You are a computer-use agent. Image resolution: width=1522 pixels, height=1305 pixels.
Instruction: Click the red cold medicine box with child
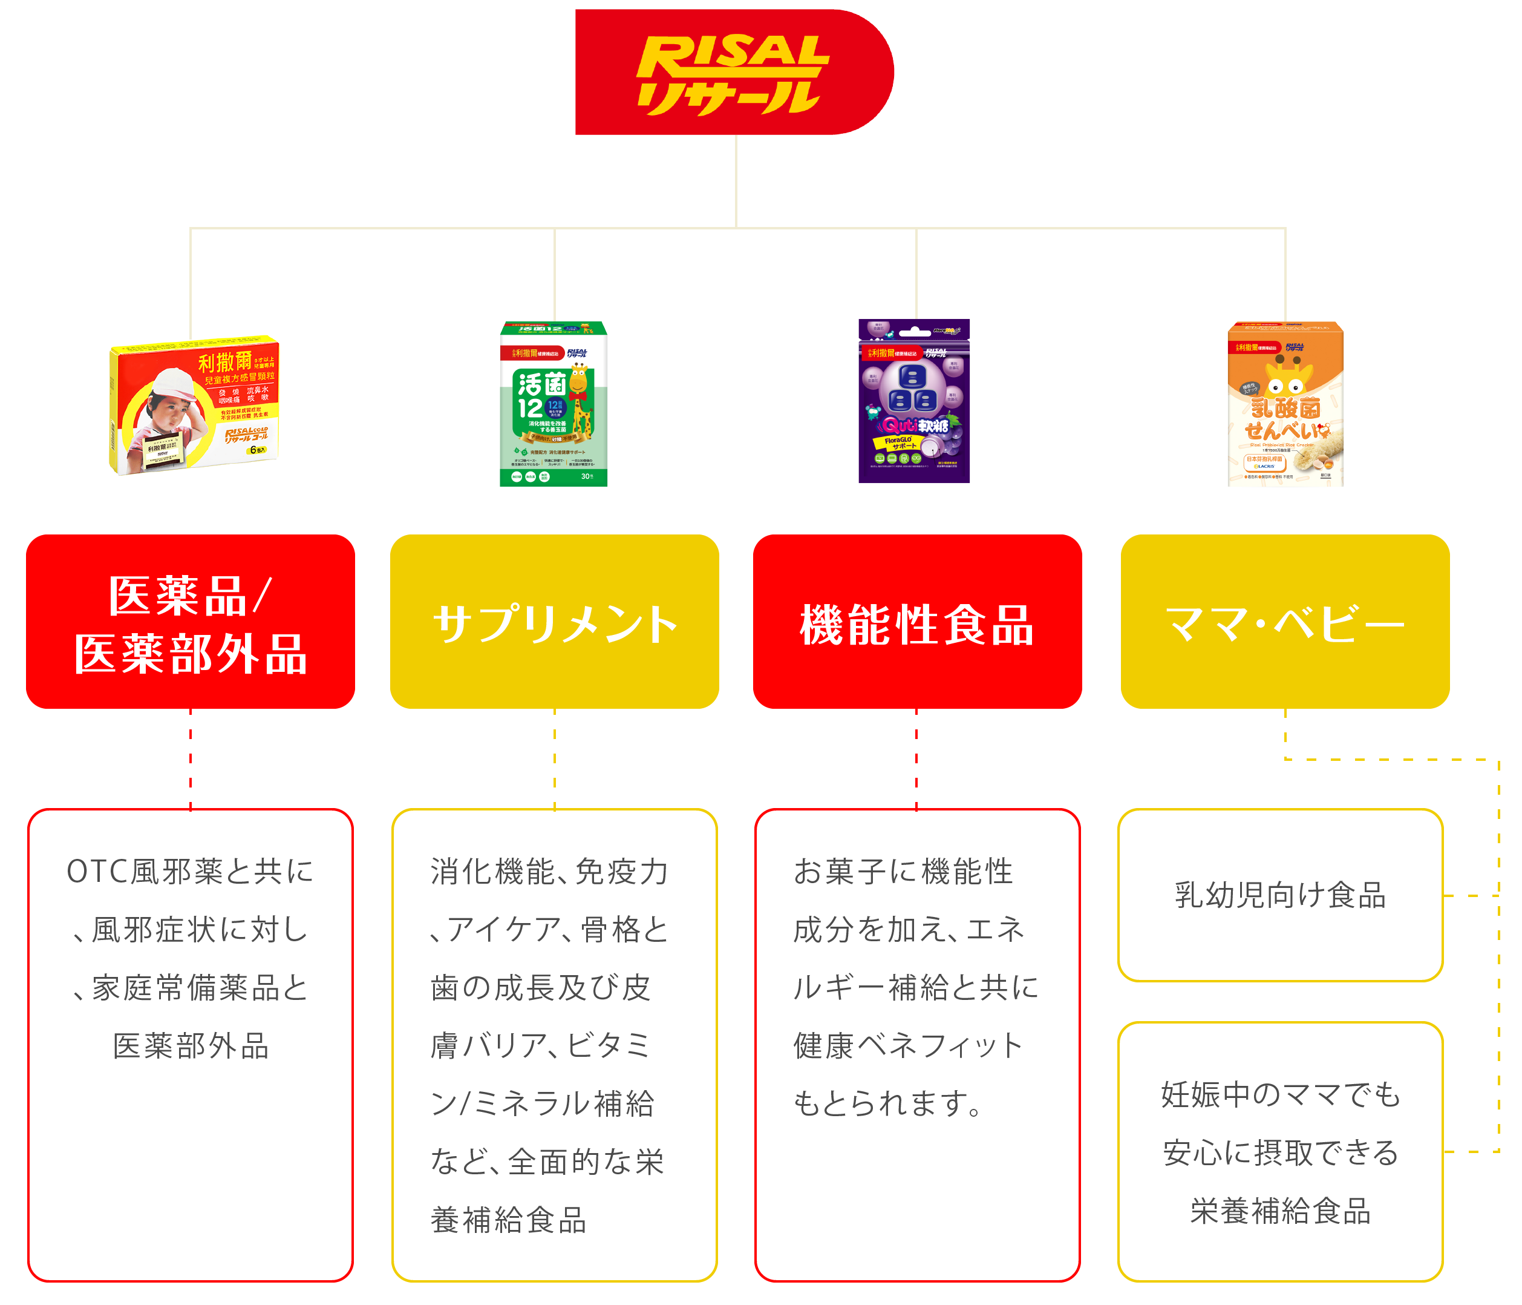coord(194,406)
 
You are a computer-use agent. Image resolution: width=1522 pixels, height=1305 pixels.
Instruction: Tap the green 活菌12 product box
coord(554,404)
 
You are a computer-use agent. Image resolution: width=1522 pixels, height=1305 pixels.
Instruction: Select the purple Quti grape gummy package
coord(914,401)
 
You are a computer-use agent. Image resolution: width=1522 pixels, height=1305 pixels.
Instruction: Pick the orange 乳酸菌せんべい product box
coord(1285,404)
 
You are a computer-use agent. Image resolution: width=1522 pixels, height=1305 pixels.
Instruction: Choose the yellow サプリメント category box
coord(555,622)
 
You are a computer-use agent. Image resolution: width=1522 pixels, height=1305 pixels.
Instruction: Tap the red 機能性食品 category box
coord(916,622)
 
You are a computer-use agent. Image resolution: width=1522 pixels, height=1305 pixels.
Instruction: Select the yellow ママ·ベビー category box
coord(1285,622)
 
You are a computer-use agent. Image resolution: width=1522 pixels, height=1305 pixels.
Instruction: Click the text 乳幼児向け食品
coord(1280,895)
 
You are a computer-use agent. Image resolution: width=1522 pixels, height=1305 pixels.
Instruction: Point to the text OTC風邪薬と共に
coord(190,872)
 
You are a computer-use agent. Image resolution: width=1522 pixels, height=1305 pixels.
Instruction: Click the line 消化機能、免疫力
coord(549,872)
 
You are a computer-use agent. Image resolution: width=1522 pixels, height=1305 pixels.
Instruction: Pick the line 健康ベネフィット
coord(908,1045)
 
